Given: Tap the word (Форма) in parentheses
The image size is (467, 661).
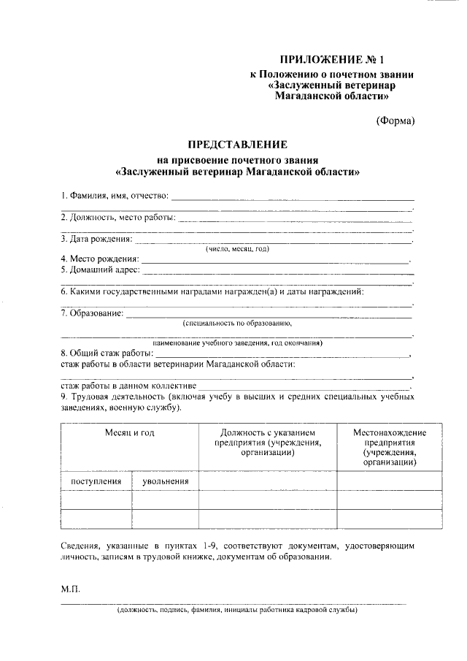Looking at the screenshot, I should click(395, 121).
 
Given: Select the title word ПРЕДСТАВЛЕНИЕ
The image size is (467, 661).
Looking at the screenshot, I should click(238, 145).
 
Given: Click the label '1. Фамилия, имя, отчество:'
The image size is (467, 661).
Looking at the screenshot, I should click(115, 196).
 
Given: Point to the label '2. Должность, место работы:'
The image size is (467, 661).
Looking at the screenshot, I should click(118, 217).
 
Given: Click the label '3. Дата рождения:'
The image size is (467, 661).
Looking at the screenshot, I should click(96, 238).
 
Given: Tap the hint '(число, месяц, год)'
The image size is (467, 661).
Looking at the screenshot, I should click(237, 249).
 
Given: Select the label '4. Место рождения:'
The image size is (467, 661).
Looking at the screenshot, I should click(100, 259).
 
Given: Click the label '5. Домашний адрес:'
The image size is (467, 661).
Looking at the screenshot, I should click(99, 270).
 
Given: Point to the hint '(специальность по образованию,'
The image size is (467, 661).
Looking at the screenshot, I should click(237, 322).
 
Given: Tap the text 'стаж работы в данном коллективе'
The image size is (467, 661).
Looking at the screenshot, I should click(128, 385).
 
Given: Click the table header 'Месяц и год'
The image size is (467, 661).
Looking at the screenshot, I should click(129, 432).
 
